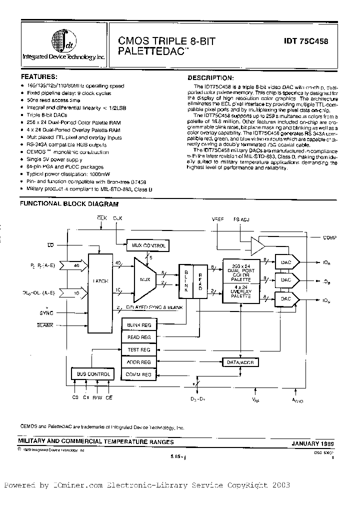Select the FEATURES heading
point(37,77)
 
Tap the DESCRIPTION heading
point(210,78)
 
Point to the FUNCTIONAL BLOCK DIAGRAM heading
point(69,204)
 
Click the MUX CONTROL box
point(148,246)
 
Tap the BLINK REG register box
point(138,325)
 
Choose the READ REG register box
point(138,337)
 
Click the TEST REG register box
point(138,350)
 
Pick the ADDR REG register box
point(138,362)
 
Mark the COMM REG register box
point(138,374)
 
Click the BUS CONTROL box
point(92,374)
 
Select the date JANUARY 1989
point(312,443)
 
